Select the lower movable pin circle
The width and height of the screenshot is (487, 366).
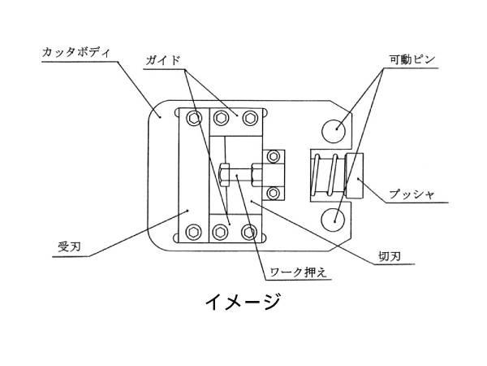pyautogui.click(x=334, y=219)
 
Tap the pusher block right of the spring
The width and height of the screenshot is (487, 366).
pyautogui.click(x=355, y=175)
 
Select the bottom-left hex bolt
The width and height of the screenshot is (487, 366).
pyautogui.click(x=192, y=232)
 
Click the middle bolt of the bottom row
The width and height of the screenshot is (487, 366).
pyautogui.click(x=220, y=232)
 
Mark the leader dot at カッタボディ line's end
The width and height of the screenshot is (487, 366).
pyautogui.click(x=161, y=116)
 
